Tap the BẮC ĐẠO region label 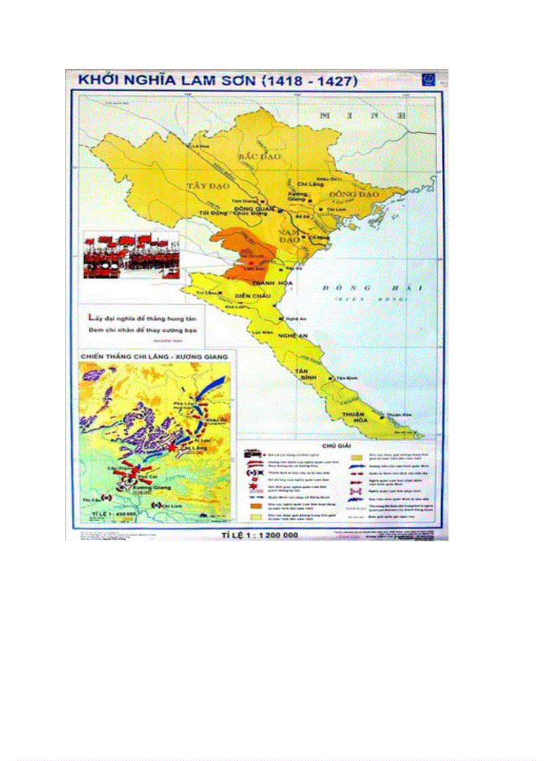[254, 156]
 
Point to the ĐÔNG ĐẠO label [353, 194]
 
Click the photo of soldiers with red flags [131, 255]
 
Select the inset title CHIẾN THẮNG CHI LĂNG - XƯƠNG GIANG [154, 356]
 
